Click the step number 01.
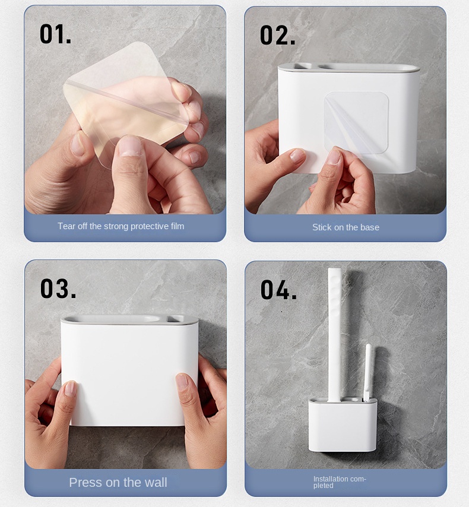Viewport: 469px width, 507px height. pyautogui.click(x=55, y=34)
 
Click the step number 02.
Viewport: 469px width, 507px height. pyautogui.click(x=277, y=36)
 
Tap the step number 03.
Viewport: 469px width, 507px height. pyautogui.click(x=58, y=289)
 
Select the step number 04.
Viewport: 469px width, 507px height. pyautogui.click(x=278, y=290)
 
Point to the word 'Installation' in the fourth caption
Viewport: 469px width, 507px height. pyautogui.click(x=328, y=479)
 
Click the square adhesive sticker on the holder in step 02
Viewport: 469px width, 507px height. pyautogui.click(x=356, y=123)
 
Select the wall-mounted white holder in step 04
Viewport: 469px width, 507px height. pyautogui.click(x=343, y=425)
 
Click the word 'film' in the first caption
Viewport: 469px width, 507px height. pyautogui.click(x=178, y=226)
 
